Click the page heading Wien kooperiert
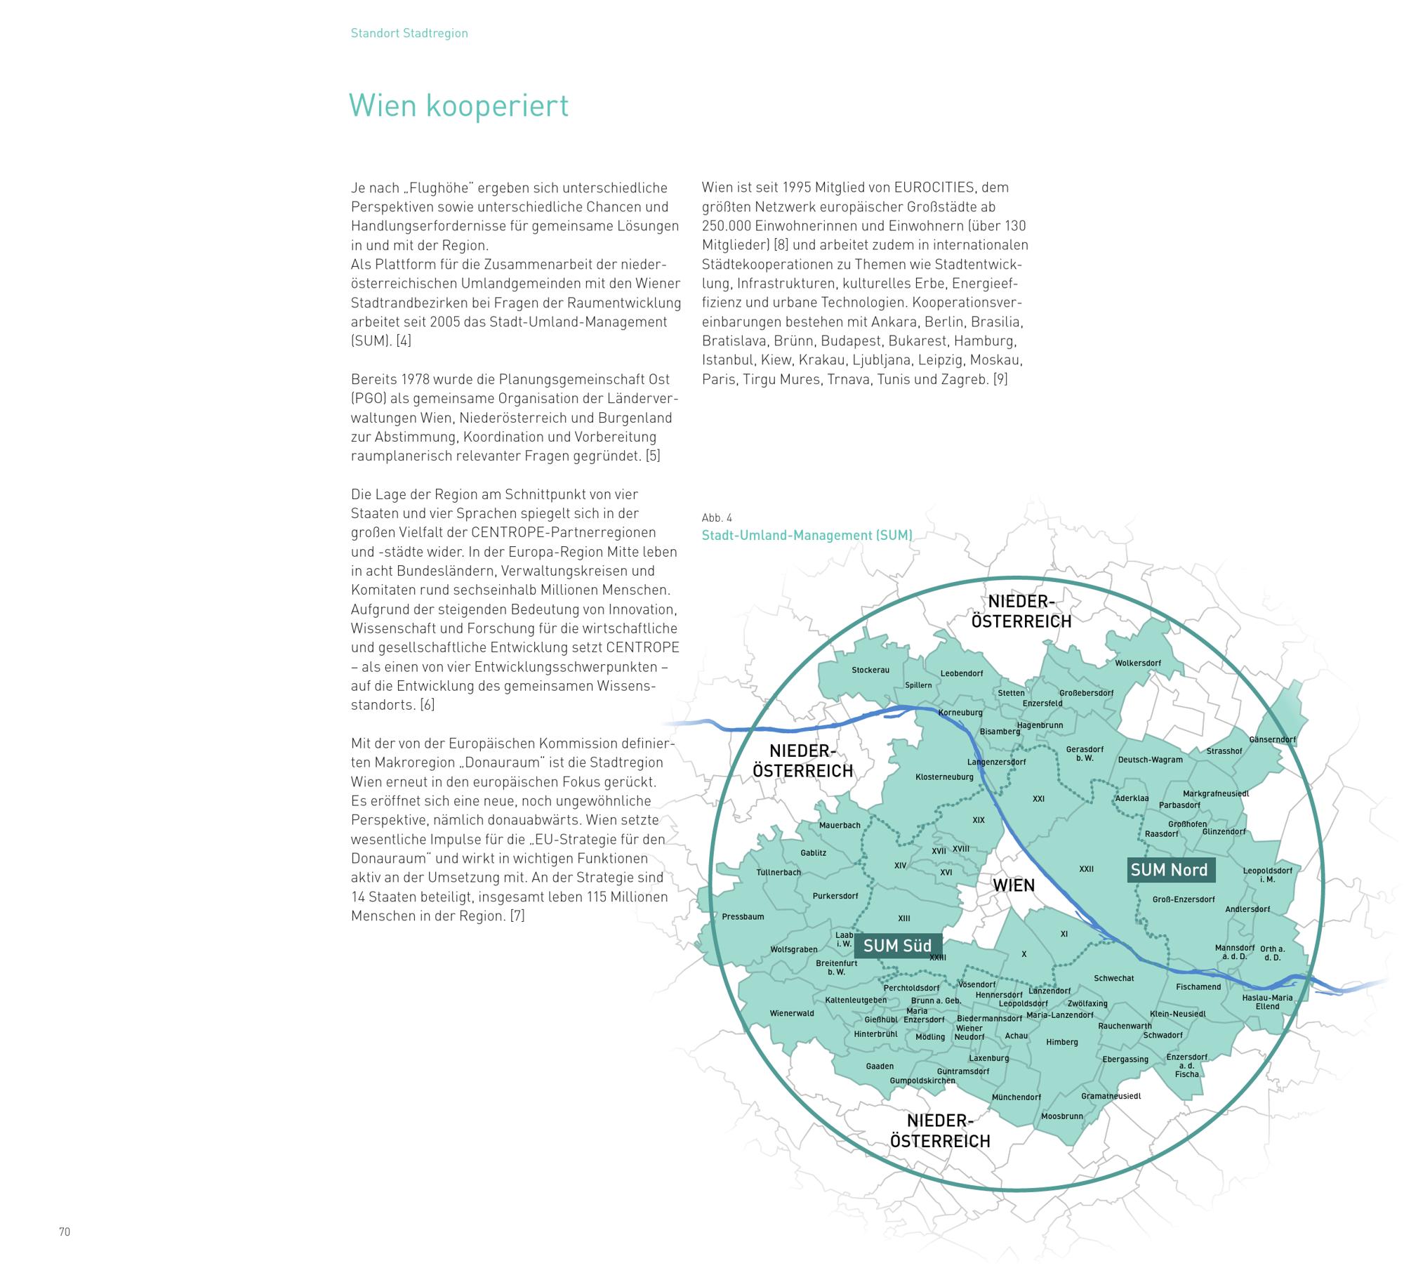click(x=458, y=106)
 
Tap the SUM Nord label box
click(x=1169, y=870)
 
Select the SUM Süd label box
click(x=897, y=946)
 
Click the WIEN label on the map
click(x=1014, y=885)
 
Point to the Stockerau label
click(x=870, y=670)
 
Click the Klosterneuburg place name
click(x=944, y=777)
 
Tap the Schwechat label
click(x=1113, y=978)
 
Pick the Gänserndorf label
click(x=1272, y=739)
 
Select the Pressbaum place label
click(x=743, y=916)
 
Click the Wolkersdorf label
click(x=1138, y=663)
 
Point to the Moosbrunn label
click(x=1062, y=1116)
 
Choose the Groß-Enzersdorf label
click(x=1184, y=899)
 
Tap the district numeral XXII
click(x=1086, y=869)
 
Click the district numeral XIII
click(x=904, y=918)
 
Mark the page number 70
click(x=65, y=1231)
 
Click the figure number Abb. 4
click(x=717, y=517)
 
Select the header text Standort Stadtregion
click(x=409, y=33)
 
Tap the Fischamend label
click(x=1198, y=986)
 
